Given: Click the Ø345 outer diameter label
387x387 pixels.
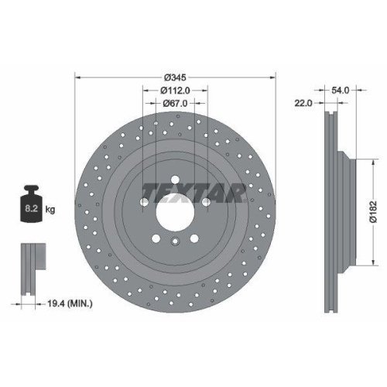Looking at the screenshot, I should (x=174, y=78).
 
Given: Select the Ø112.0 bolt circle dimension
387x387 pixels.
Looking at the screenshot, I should (x=174, y=91).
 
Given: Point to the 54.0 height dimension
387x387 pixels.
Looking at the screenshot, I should (x=341, y=91).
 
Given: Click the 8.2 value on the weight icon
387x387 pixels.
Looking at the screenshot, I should (x=30, y=208).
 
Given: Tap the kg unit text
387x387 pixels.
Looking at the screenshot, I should (x=50, y=208).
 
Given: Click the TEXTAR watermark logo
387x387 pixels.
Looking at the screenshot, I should (x=193, y=191).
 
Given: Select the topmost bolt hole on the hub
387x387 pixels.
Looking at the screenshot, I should (x=175, y=180).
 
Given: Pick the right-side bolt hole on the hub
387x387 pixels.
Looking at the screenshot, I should (x=205, y=204).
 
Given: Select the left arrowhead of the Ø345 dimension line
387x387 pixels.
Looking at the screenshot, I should (x=77, y=78).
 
